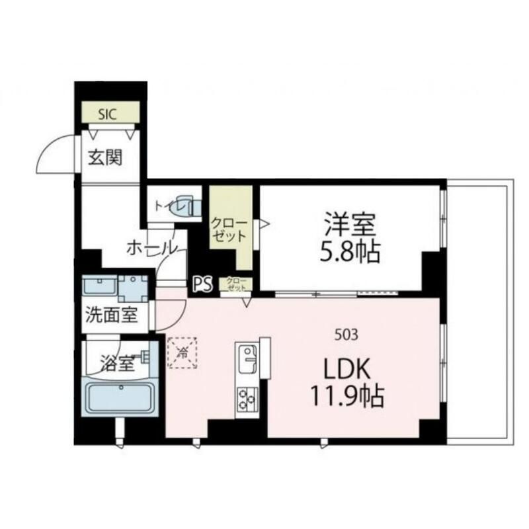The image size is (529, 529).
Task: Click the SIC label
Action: tap(107, 114)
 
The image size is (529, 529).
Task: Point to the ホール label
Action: tap(151, 248)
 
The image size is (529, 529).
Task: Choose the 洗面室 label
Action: tap(111, 315)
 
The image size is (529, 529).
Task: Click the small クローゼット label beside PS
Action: tap(236, 285)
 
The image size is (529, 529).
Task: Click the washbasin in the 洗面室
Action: tap(100, 287)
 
